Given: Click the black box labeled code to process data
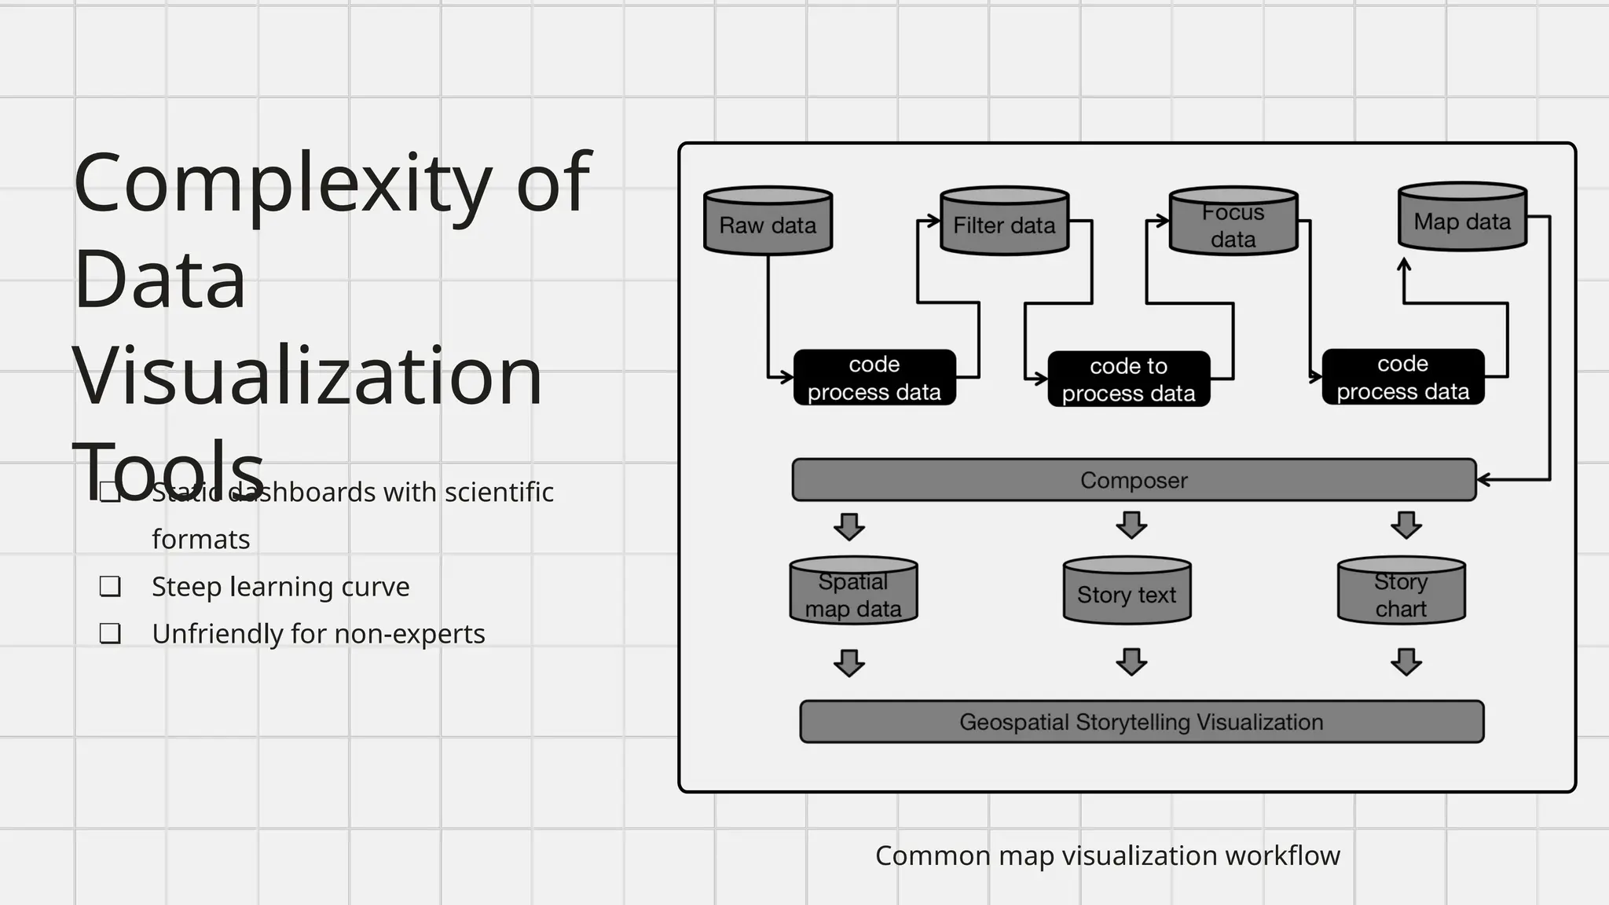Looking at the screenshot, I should (1128, 379).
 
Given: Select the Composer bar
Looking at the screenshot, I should (1134, 480).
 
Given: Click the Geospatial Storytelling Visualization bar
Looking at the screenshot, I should (1141, 721).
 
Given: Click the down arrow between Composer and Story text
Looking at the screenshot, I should (1131, 525).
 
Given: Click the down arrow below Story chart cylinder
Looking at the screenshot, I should (1406, 661).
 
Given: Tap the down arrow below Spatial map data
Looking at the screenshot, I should (849, 662).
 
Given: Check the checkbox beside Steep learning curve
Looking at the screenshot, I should (110, 586).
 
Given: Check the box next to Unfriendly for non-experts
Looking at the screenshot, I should (110, 633).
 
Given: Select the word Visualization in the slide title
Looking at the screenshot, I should (307, 376).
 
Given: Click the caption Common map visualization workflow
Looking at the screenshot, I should (1107, 856).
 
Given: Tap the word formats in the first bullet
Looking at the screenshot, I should (200, 540).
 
